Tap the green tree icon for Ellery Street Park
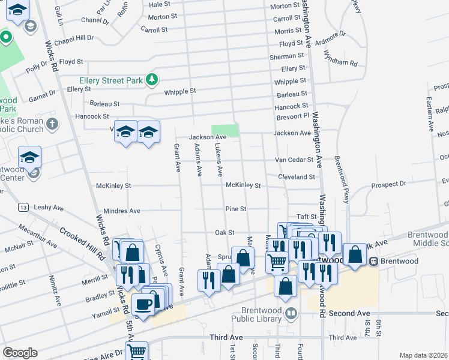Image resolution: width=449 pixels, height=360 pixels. pyautogui.click(x=153, y=79)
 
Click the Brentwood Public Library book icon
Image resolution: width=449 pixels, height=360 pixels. pyautogui.click(x=291, y=313)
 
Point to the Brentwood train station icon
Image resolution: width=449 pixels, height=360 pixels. pyautogui.click(x=373, y=262)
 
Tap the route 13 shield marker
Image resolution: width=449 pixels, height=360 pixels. pyautogui.click(x=23, y=207)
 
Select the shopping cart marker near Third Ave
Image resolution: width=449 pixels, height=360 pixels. pyautogui.click(x=137, y=351)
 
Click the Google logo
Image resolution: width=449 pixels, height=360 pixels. pyautogui.click(x=20, y=353)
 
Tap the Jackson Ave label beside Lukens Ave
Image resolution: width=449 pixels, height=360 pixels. pyautogui.click(x=208, y=137)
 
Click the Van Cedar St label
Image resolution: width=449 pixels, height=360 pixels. pyautogui.click(x=294, y=160)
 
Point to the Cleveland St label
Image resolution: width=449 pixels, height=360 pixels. pyautogui.click(x=296, y=177)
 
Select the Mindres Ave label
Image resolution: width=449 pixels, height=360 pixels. pyautogui.click(x=122, y=211)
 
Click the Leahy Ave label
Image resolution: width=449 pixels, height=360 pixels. pyautogui.click(x=49, y=208)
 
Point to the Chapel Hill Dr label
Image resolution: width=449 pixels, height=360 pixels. pyautogui.click(x=74, y=38)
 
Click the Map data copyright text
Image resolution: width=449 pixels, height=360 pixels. pyautogui.click(x=423, y=355)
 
